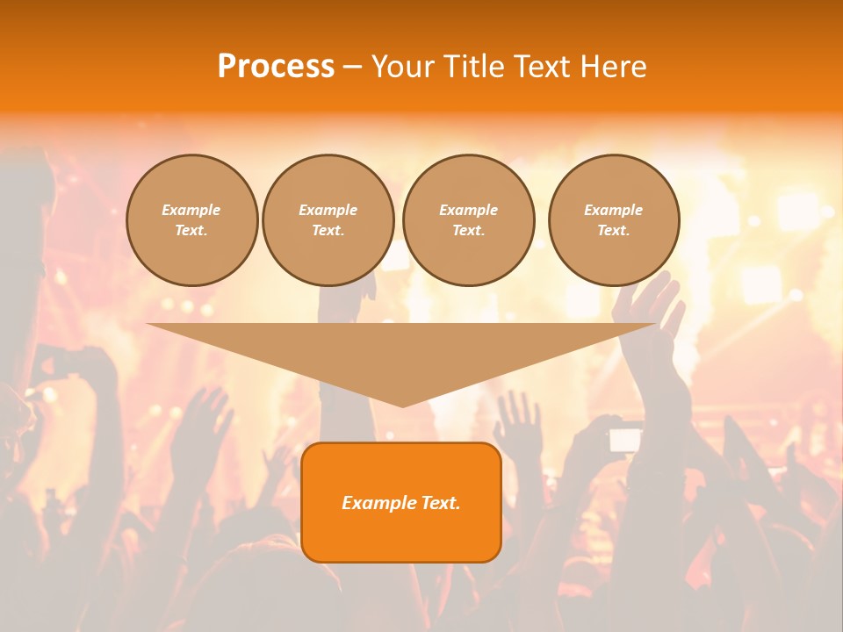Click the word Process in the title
pos(276,67)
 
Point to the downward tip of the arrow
pos(402,405)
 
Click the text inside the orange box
pos(400,503)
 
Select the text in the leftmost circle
pos(191,219)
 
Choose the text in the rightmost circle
pos(614,219)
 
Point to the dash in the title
pos(352,68)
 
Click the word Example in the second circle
pos(328,210)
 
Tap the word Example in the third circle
pos(468,210)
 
